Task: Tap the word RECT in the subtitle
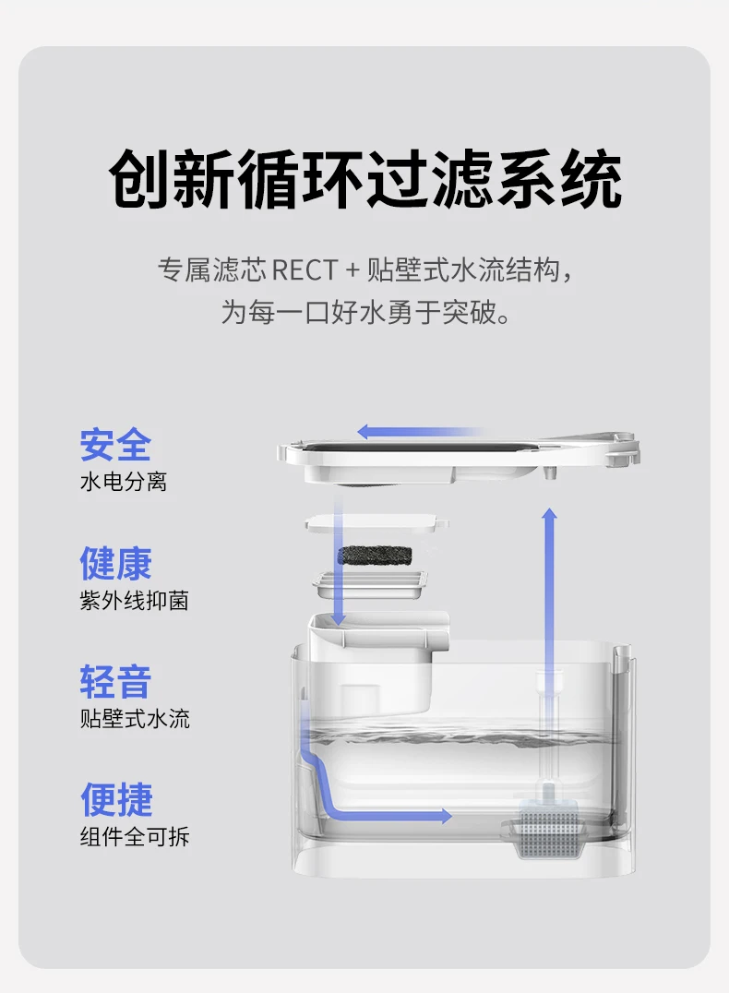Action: (305, 271)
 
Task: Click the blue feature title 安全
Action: (115, 446)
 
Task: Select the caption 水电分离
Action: (123, 482)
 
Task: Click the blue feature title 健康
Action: (115, 564)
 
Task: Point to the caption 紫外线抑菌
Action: (134, 601)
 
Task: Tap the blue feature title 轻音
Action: (115, 682)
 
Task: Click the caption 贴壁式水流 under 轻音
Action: (134, 719)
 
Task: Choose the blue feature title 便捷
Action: (115, 800)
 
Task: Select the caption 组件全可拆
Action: (134, 837)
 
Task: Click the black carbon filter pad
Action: (376, 555)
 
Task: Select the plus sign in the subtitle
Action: (350, 271)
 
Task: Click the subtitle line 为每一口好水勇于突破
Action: (364, 311)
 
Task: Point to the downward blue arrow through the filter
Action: (339, 563)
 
